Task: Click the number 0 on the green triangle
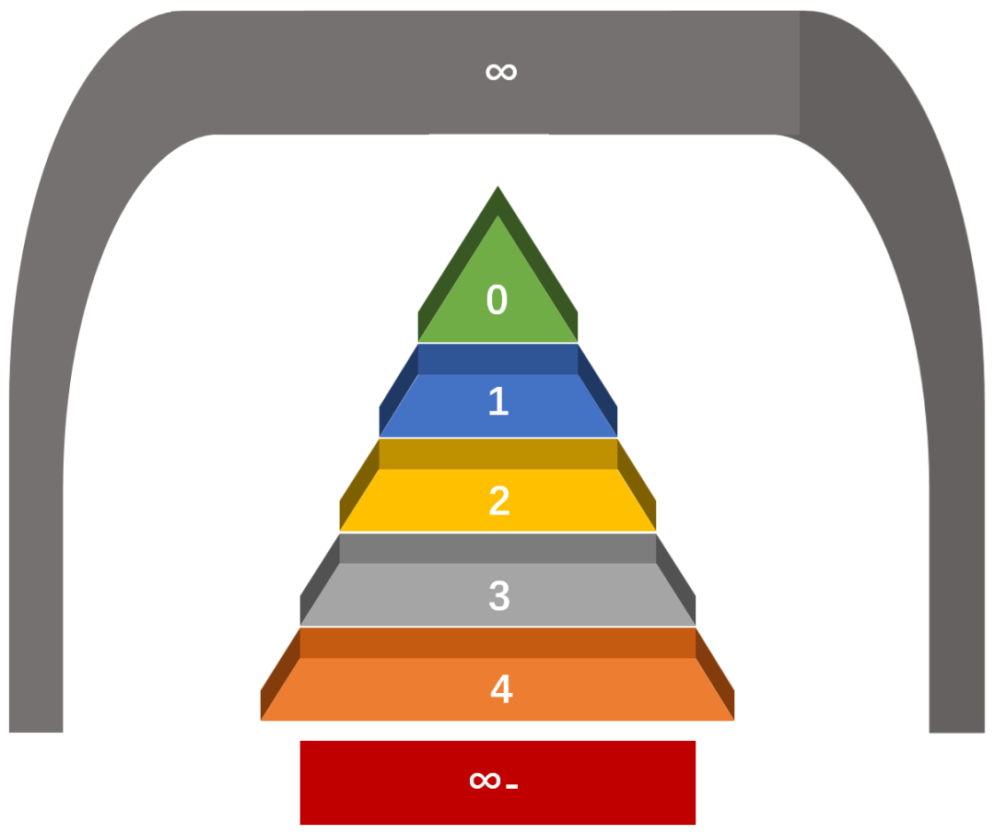497,300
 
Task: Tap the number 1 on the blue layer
497,402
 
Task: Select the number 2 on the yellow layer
498,501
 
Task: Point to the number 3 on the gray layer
498,596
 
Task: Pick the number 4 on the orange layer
500,689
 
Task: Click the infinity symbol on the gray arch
501,71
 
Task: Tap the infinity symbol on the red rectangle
485,781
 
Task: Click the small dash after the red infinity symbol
512,786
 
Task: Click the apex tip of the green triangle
498,190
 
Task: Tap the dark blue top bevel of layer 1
497,358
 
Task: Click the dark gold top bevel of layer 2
497,453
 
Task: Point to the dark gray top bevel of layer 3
497,548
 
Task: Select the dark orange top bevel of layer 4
497,642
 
